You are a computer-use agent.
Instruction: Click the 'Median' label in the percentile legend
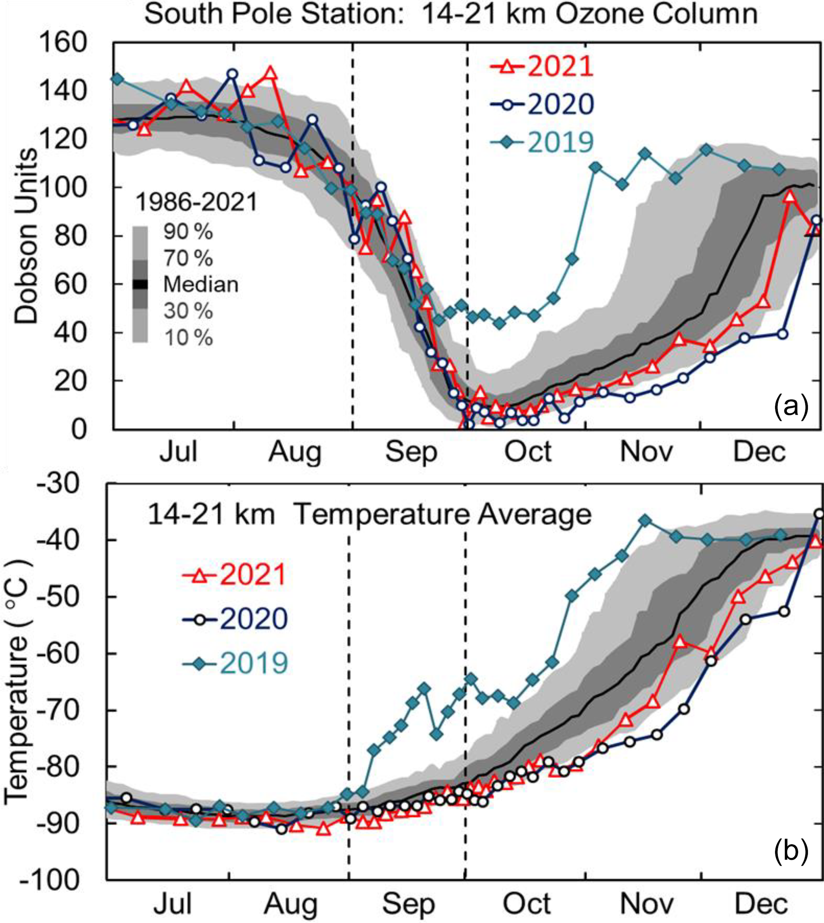point(201,284)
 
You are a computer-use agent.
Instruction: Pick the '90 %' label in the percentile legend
point(188,232)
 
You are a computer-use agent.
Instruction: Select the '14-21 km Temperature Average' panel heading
point(369,514)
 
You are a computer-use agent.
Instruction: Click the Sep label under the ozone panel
point(411,452)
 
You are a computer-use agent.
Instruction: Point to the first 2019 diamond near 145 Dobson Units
point(117,79)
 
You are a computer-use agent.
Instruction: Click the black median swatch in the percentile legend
point(140,284)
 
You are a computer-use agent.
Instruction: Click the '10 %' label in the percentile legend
point(188,337)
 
